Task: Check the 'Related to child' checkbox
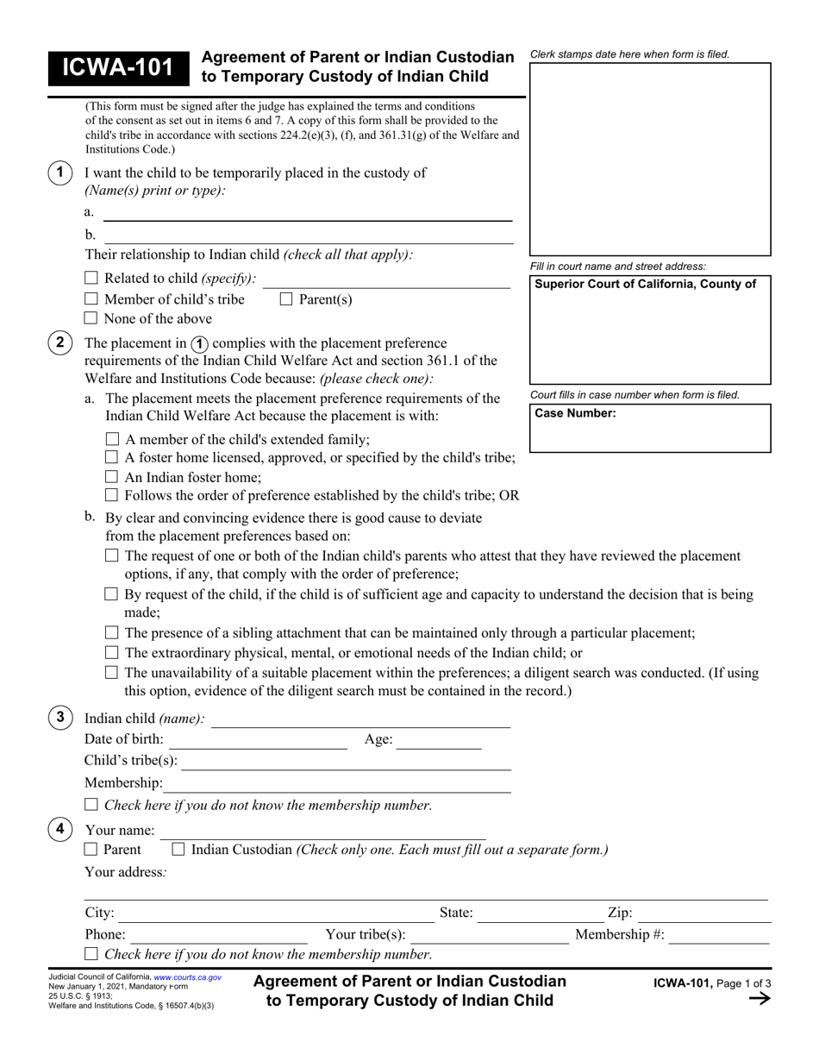click(91, 279)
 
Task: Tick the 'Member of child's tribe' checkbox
click(91, 299)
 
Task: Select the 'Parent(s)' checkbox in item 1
click(286, 299)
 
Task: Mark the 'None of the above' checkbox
click(91, 318)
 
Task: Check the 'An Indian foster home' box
click(111, 476)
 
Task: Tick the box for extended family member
click(111, 439)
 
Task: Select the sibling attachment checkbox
click(111, 633)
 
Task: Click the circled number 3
click(59, 718)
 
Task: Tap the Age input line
click(439, 740)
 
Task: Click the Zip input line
click(703, 913)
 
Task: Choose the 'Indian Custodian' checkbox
click(178, 850)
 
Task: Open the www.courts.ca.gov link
click(187, 977)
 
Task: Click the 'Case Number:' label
click(575, 413)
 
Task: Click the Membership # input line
click(719, 935)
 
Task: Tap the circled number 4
click(59, 830)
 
